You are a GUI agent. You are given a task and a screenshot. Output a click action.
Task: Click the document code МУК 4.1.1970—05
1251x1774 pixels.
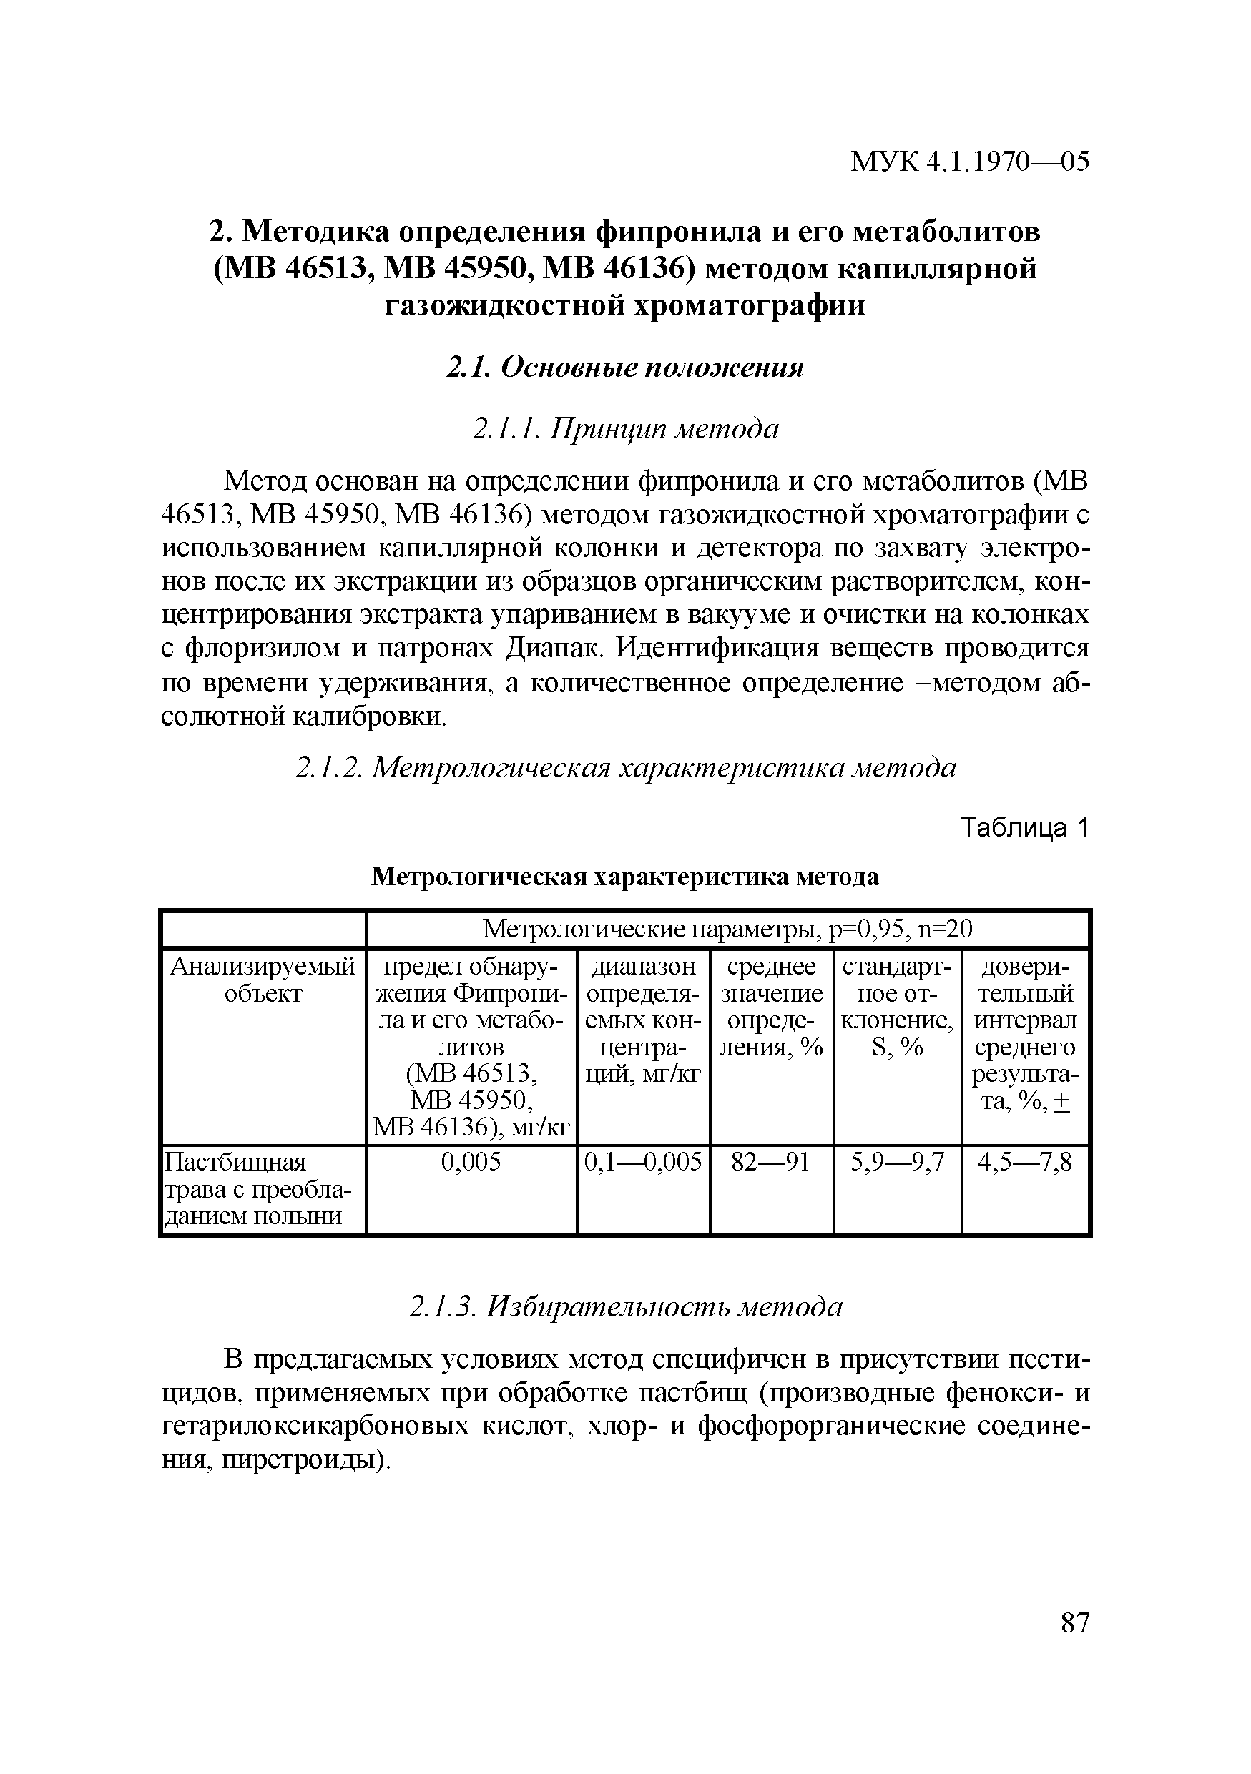click(x=969, y=162)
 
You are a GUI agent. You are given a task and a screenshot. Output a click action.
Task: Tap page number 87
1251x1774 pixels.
click(x=1075, y=1622)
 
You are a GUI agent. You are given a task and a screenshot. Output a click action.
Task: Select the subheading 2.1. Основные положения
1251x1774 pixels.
click(x=625, y=367)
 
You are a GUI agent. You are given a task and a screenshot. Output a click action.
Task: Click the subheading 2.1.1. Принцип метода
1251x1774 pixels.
click(x=625, y=428)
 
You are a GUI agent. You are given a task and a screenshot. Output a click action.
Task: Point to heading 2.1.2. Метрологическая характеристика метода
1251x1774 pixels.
click(x=625, y=767)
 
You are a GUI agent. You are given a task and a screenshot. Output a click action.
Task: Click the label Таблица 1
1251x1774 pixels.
click(x=1024, y=828)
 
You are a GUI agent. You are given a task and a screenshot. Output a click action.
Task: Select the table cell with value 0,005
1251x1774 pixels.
click(x=471, y=1162)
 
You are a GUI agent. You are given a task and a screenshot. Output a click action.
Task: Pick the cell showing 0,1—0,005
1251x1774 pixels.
click(x=643, y=1162)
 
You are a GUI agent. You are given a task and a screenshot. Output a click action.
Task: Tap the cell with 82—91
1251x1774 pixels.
click(x=770, y=1162)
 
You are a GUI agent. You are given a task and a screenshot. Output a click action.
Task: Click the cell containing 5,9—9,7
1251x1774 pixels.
click(x=897, y=1162)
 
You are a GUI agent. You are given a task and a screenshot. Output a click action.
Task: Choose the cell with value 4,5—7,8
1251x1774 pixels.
click(x=1024, y=1162)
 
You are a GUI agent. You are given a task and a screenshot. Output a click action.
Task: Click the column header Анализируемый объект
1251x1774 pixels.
click(x=262, y=980)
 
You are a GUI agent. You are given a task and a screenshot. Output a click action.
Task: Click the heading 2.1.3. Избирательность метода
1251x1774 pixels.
click(x=625, y=1306)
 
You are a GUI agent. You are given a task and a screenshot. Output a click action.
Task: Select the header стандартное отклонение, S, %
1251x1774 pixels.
click(x=897, y=1007)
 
